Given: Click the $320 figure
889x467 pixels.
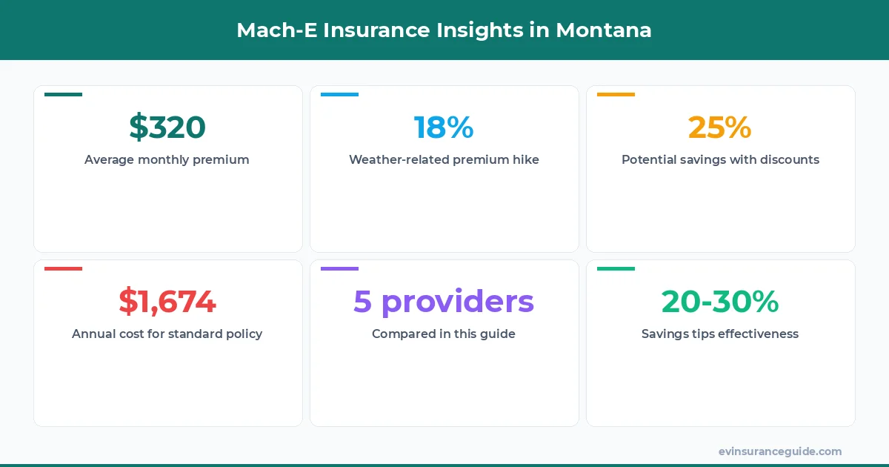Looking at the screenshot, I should pyautogui.click(x=167, y=127).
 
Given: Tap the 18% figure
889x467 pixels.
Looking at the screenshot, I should pyautogui.click(x=444, y=127).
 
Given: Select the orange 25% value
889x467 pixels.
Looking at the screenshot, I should pyautogui.click(x=720, y=127).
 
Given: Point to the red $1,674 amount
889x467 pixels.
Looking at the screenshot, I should pyautogui.click(x=167, y=302).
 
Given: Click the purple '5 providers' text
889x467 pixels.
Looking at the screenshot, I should pyautogui.click(x=444, y=302).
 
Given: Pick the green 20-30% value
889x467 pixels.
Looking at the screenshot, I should pyautogui.click(x=720, y=302).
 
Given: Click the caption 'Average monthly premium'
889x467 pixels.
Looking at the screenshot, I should pyautogui.click(x=167, y=159).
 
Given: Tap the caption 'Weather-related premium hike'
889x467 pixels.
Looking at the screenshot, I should pyautogui.click(x=444, y=159).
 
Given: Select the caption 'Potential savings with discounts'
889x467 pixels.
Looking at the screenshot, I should pyautogui.click(x=720, y=159).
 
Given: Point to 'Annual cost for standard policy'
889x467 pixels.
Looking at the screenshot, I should pyautogui.click(x=167, y=334).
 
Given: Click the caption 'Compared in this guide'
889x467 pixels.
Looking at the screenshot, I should pyautogui.click(x=444, y=334).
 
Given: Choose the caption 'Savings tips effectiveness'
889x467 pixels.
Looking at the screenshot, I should pyautogui.click(x=720, y=334).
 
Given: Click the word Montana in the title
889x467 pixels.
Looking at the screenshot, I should pyautogui.click(x=604, y=30).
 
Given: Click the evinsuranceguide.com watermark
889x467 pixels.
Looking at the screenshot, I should pyautogui.click(x=780, y=451).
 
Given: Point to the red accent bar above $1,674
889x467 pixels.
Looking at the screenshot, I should pyautogui.click(x=63, y=268).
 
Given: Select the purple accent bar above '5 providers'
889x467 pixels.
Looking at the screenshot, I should pyautogui.click(x=339, y=268).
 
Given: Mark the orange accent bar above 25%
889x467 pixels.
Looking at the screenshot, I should pyautogui.click(x=616, y=94).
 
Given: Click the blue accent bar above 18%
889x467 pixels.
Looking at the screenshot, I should pyautogui.click(x=339, y=94).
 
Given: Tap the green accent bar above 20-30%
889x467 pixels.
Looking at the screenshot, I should pyautogui.click(x=616, y=268).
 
